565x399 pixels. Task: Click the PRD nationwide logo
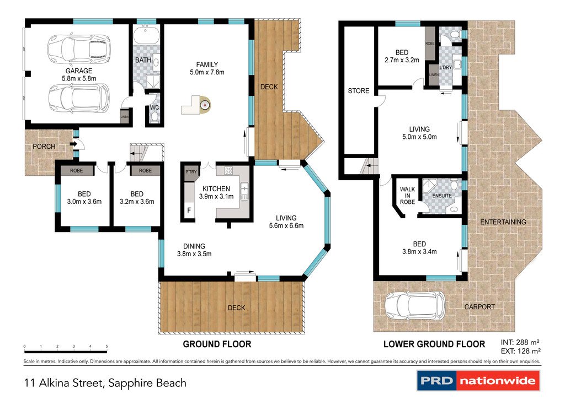click(477, 380)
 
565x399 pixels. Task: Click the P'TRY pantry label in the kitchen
click(191, 172)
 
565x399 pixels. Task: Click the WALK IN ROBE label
click(407, 196)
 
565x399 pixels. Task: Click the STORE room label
click(358, 91)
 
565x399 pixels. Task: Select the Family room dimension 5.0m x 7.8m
click(207, 72)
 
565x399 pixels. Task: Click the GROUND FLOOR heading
click(217, 344)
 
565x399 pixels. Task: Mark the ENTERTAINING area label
click(503, 222)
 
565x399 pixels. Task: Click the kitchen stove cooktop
click(228, 171)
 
